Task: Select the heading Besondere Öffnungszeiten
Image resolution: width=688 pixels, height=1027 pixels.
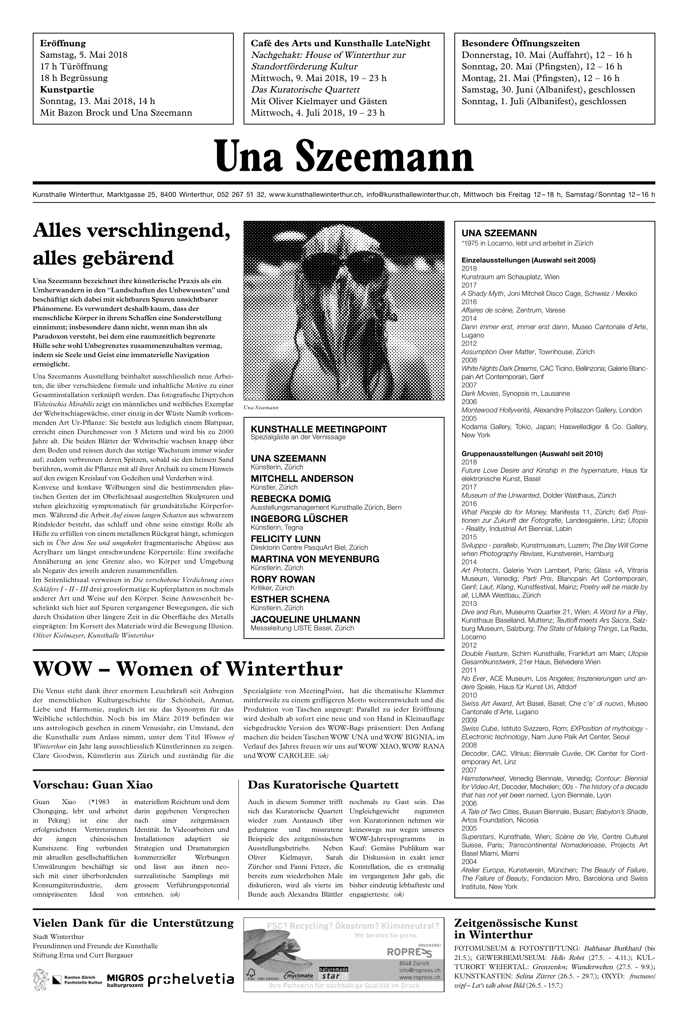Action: pyautogui.click(x=520, y=43)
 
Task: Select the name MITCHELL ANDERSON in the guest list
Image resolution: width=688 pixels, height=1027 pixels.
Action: pyautogui.click(x=302, y=478)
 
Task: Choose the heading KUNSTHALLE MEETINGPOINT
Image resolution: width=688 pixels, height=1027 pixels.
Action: pyautogui.click(x=318, y=429)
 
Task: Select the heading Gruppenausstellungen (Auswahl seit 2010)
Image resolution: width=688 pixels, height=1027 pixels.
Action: pyautogui.click(x=532, y=454)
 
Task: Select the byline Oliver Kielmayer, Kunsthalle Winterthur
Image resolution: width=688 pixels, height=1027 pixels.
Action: pyautogui.click(x=93, y=635)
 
